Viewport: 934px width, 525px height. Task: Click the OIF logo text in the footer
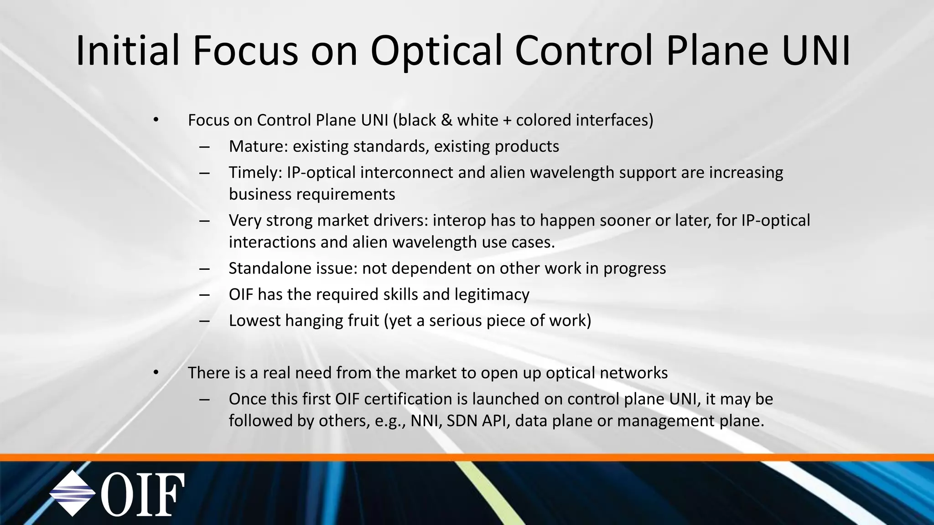[143, 494]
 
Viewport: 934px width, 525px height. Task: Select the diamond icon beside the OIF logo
[72, 494]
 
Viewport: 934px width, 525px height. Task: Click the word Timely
[256, 173]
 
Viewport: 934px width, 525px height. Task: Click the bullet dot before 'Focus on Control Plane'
[156, 120]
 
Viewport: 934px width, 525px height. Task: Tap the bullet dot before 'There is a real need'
[156, 373]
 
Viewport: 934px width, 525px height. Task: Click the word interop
[459, 221]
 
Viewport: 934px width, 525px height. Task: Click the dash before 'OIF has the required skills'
[204, 295]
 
